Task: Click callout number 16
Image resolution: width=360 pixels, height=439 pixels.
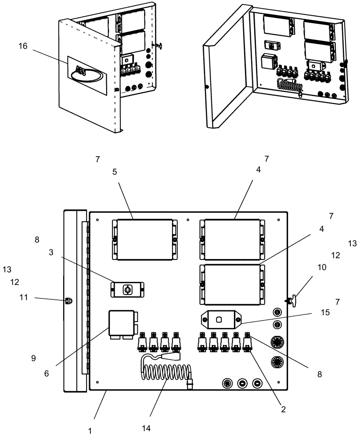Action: [23, 47]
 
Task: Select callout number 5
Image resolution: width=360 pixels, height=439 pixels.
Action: [115, 172]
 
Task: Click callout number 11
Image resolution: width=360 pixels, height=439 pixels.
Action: [23, 298]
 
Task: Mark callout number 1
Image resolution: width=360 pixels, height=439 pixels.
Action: [90, 431]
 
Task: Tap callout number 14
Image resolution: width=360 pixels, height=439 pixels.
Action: [146, 428]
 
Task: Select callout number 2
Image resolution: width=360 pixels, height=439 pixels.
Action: [283, 409]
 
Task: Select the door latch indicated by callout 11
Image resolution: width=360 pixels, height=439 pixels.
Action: [68, 302]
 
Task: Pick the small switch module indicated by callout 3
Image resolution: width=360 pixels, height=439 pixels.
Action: [127, 289]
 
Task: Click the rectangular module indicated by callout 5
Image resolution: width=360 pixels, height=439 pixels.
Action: [144, 240]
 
